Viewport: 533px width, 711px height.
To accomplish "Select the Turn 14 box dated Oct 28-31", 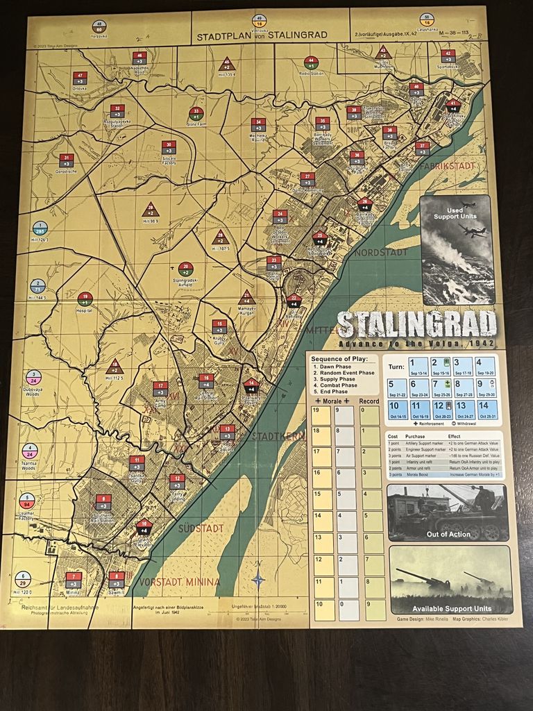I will tap(487, 410).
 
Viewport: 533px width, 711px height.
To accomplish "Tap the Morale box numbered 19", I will tap(321, 415).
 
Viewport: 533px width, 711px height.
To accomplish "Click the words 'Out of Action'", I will tap(448, 534).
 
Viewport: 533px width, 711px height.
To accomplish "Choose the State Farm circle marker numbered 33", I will tap(196, 113).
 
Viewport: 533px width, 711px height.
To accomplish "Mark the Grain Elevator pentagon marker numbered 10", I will tap(144, 526).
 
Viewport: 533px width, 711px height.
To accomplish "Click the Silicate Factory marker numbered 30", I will tap(169, 147).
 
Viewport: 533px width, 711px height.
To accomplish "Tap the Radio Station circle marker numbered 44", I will tap(311, 62).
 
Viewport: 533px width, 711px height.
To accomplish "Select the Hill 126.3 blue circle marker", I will tap(40, 229).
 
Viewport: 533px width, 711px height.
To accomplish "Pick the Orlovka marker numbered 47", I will tap(80, 78).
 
